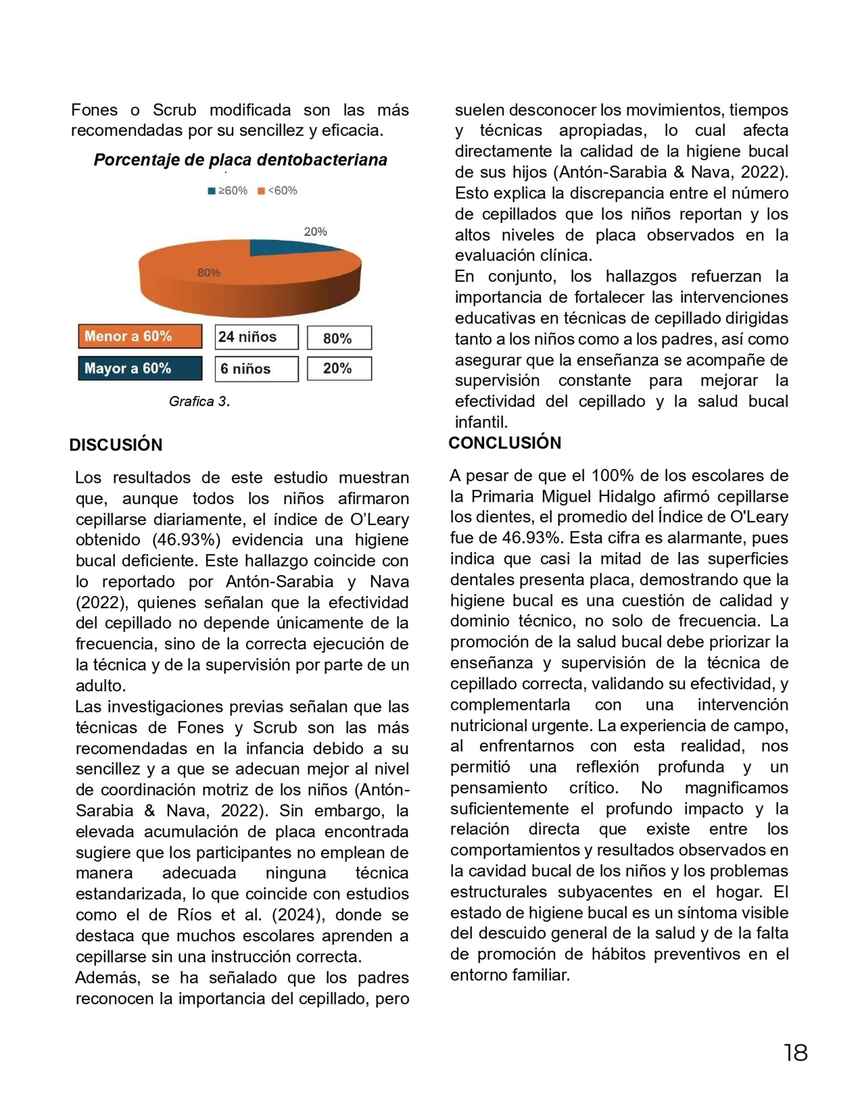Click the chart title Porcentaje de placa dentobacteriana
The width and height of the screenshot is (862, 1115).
tap(240, 160)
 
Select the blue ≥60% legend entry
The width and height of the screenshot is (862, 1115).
tap(227, 191)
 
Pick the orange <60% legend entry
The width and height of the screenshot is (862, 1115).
tap(277, 191)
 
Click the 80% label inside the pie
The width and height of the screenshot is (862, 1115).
tap(209, 273)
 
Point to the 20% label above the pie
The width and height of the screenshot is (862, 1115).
tap(315, 232)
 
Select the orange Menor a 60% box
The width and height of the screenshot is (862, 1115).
tap(140, 337)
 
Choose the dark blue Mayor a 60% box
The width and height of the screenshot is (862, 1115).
tap(140, 369)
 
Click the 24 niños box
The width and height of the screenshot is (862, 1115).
tap(256, 337)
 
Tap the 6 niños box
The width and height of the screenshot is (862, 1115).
tap(256, 369)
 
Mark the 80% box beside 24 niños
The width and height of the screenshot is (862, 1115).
tap(339, 338)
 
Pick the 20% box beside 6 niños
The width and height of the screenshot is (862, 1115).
tap(339, 369)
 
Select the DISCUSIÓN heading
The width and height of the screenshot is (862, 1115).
tap(116, 445)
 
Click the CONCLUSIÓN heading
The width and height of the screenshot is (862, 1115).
tap(505, 443)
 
